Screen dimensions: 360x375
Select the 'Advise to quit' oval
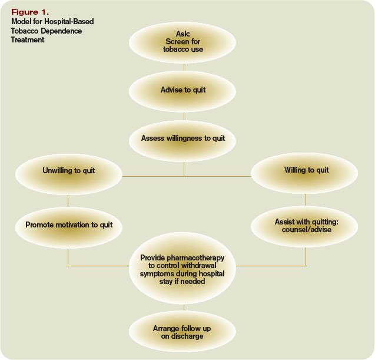[183, 90]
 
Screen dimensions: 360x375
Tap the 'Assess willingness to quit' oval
[183, 138]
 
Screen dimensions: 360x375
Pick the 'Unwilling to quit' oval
[69, 171]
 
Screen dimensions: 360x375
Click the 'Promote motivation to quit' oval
[69, 224]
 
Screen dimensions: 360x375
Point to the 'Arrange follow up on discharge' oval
[183, 332]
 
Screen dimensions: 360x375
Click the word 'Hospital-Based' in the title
[73, 22]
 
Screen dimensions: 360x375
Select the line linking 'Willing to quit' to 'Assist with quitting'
[306, 200]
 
